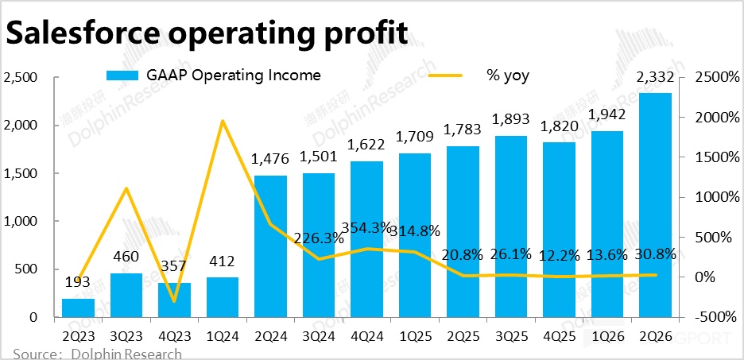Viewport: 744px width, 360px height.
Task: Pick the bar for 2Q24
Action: coord(270,246)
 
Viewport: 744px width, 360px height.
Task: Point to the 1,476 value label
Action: coord(270,159)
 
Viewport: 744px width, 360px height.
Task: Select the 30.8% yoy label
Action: coord(655,255)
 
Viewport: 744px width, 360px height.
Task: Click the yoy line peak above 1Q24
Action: coord(223,121)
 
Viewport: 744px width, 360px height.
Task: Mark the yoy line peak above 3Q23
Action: coord(126,188)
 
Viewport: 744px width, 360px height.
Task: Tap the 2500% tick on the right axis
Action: coord(715,78)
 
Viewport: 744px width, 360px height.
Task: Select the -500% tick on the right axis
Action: coord(715,316)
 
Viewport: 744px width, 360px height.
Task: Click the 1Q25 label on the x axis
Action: coord(415,337)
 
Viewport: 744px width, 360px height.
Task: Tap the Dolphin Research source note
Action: coord(95,354)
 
